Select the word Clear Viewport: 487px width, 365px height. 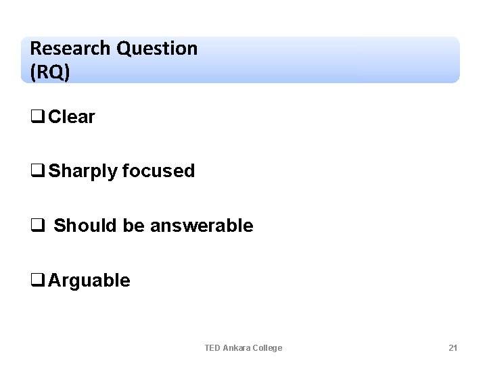click(x=72, y=117)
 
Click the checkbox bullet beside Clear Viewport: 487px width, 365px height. click(x=38, y=118)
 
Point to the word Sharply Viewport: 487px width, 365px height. click(x=83, y=172)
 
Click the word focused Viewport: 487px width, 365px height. click(x=159, y=172)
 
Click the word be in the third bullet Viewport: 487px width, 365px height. click(x=134, y=226)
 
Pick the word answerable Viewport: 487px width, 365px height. click(x=202, y=226)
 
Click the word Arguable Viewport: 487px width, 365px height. click(x=89, y=281)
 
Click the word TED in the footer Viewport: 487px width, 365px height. click(x=212, y=347)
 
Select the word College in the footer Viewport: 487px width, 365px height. click(x=268, y=347)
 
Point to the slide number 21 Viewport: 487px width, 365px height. click(x=453, y=347)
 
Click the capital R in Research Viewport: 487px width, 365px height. click(x=35, y=49)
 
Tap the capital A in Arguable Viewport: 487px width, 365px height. click(x=54, y=281)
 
